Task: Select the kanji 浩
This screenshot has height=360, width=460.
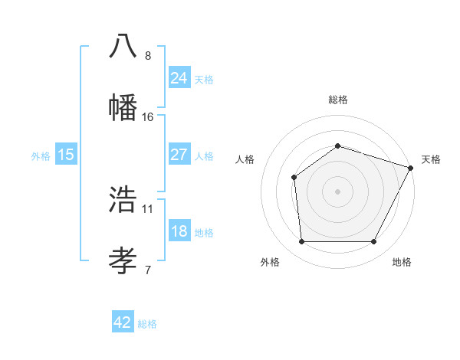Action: (123, 199)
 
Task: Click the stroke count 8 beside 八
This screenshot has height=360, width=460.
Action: (148, 55)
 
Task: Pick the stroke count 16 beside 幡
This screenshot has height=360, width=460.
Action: (148, 116)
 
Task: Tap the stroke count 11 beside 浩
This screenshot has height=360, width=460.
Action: (148, 208)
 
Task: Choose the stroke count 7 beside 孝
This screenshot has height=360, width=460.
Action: (148, 269)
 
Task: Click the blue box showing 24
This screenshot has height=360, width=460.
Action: (179, 77)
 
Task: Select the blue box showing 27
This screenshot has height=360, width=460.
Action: (179, 155)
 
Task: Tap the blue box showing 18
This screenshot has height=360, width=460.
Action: (179, 231)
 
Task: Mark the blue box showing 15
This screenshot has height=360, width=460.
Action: (66, 155)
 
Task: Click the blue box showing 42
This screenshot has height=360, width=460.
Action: (123, 322)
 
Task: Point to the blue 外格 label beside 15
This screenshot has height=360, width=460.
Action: (41, 155)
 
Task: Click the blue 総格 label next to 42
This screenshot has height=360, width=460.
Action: (147, 324)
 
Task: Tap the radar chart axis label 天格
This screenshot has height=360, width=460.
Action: (431, 159)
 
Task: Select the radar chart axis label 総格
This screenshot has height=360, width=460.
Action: (338, 100)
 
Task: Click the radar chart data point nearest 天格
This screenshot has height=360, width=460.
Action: (412, 168)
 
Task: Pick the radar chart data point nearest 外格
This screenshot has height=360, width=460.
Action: (301, 242)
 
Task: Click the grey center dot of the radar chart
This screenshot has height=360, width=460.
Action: (337, 191)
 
